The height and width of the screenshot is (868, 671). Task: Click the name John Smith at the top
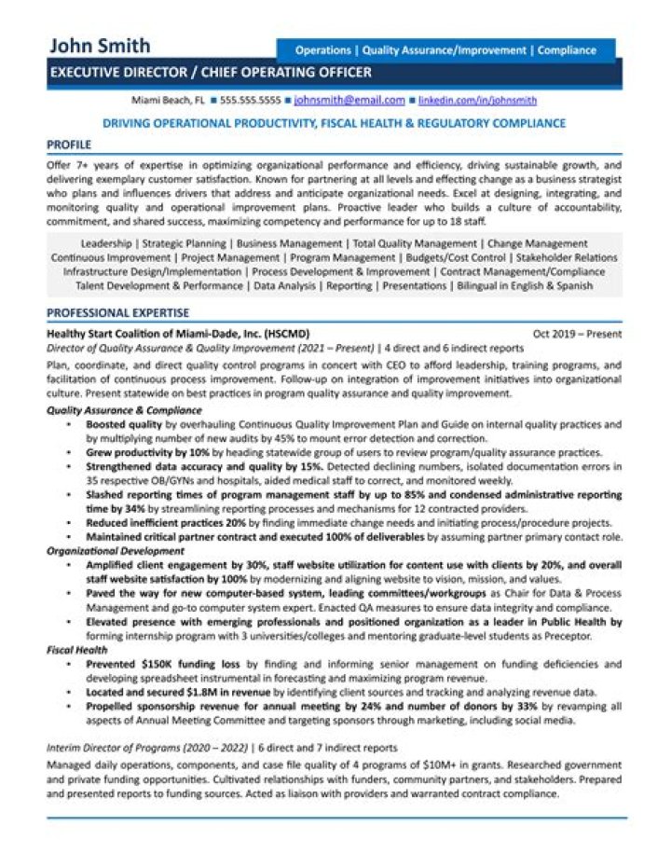coord(100,46)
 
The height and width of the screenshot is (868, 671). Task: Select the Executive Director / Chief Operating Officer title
coord(210,73)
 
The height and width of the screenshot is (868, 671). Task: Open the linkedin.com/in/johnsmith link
coord(477,100)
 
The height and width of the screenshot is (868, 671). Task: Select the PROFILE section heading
coord(69,145)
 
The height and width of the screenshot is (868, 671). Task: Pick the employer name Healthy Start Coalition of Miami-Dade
coord(177,334)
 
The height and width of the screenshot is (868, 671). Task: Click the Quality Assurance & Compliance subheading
coord(124,410)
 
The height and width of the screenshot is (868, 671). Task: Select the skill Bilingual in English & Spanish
coord(527,286)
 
